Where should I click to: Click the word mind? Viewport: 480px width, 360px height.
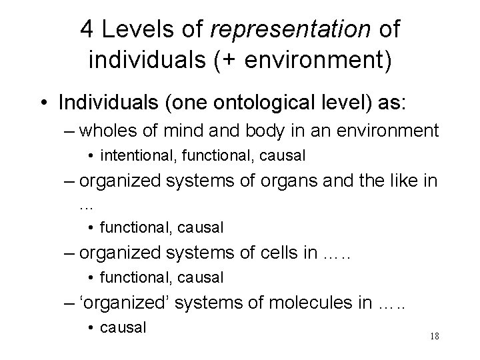[x=194, y=131]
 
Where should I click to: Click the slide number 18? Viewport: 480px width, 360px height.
[x=433, y=336]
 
